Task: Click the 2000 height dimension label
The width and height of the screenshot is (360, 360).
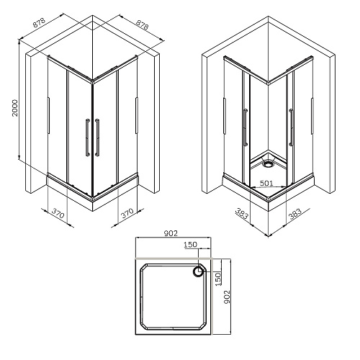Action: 15,108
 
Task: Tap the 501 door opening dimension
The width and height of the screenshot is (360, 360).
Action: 266,184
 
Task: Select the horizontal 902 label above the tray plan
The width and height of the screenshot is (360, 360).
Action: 171,233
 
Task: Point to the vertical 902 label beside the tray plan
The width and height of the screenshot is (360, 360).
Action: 227,297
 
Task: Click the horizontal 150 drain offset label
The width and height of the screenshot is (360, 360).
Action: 190,245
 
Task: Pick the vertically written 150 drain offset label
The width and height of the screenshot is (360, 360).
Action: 218,279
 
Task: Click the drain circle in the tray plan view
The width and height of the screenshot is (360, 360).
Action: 198,272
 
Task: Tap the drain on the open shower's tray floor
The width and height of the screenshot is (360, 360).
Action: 268,164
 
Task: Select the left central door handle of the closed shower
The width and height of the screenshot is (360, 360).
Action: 88,138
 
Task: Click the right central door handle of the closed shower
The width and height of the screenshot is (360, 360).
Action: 97,138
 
